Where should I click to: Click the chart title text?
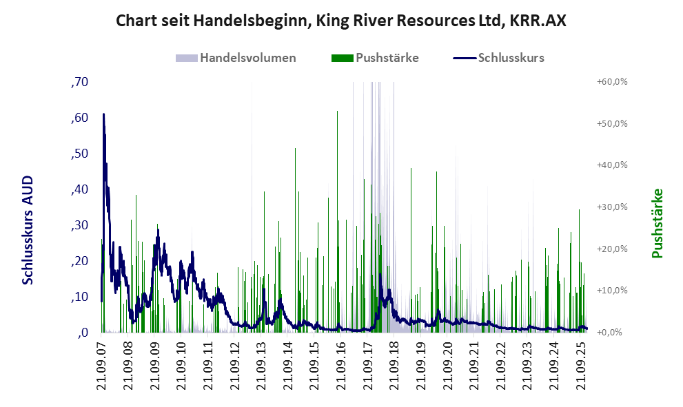341,21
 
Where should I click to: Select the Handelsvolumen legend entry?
247,58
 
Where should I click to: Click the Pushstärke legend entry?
387,58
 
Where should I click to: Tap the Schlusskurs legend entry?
511,58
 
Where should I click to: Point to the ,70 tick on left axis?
79,82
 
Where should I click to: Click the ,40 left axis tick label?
79,189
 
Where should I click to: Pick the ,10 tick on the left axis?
79,297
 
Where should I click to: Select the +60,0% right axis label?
611,82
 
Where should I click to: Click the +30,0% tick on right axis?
611,207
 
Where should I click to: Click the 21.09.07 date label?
102,365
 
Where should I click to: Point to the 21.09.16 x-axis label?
340,365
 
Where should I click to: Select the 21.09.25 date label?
580,365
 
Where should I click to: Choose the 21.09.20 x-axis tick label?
447,365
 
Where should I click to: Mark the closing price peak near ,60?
103,115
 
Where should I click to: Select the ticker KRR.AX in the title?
538,21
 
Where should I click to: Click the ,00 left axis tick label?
81,333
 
